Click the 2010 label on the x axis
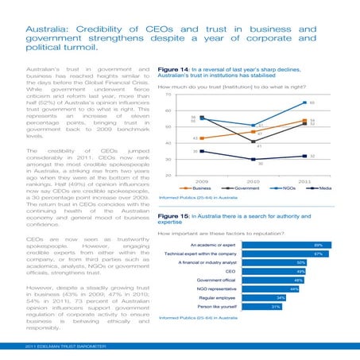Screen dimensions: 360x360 pyautogui.click(x=252, y=180)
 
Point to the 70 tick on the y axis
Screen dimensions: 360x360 pyautogui.click(x=168, y=95)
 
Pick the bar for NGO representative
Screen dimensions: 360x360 pyautogui.click(x=270, y=288)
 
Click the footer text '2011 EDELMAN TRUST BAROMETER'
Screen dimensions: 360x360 pyautogui.click(x=64, y=346)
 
